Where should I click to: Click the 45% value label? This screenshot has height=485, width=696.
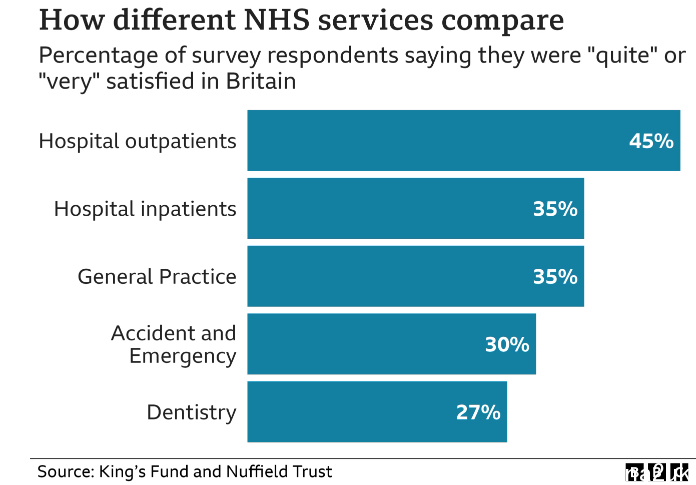click(x=650, y=141)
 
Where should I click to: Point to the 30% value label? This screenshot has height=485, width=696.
click(x=506, y=344)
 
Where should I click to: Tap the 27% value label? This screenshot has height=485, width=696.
click(x=477, y=411)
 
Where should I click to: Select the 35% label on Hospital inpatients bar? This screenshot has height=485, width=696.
click(x=554, y=209)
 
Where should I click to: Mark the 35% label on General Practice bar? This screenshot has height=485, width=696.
click(x=554, y=277)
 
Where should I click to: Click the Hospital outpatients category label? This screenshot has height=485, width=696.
click(x=138, y=141)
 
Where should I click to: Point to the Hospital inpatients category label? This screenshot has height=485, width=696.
click(x=145, y=209)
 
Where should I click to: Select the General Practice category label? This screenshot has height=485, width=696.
click(x=157, y=277)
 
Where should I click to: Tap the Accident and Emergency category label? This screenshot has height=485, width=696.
click(x=174, y=344)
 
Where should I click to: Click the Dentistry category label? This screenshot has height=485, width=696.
click(x=191, y=412)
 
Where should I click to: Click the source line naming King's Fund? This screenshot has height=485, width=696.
click(x=184, y=471)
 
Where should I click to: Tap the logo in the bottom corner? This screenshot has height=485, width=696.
click(x=658, y=472)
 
